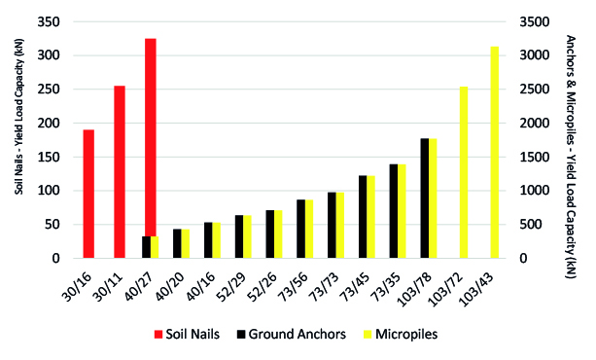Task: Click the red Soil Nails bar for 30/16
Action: click(88, 194)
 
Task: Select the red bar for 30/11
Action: click(120, 172)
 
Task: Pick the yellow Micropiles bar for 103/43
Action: click(495, 152)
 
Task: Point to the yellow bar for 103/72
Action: click(464, 172)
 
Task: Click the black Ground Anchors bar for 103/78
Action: click(425, 198)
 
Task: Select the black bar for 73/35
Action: click(394, 211)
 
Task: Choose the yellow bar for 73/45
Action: click(371, 217)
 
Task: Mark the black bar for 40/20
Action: click(177, 243)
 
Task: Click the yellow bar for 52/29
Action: click(247, 236)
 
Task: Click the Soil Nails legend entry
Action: click(187, 334)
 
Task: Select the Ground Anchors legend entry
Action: click(291, 334)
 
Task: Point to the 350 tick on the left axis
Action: click(49, 22)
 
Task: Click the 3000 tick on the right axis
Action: click(535, 55)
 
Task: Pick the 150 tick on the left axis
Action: click(49, 158)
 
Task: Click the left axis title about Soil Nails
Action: click(19, 117)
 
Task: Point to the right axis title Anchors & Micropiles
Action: click(571, 157)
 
